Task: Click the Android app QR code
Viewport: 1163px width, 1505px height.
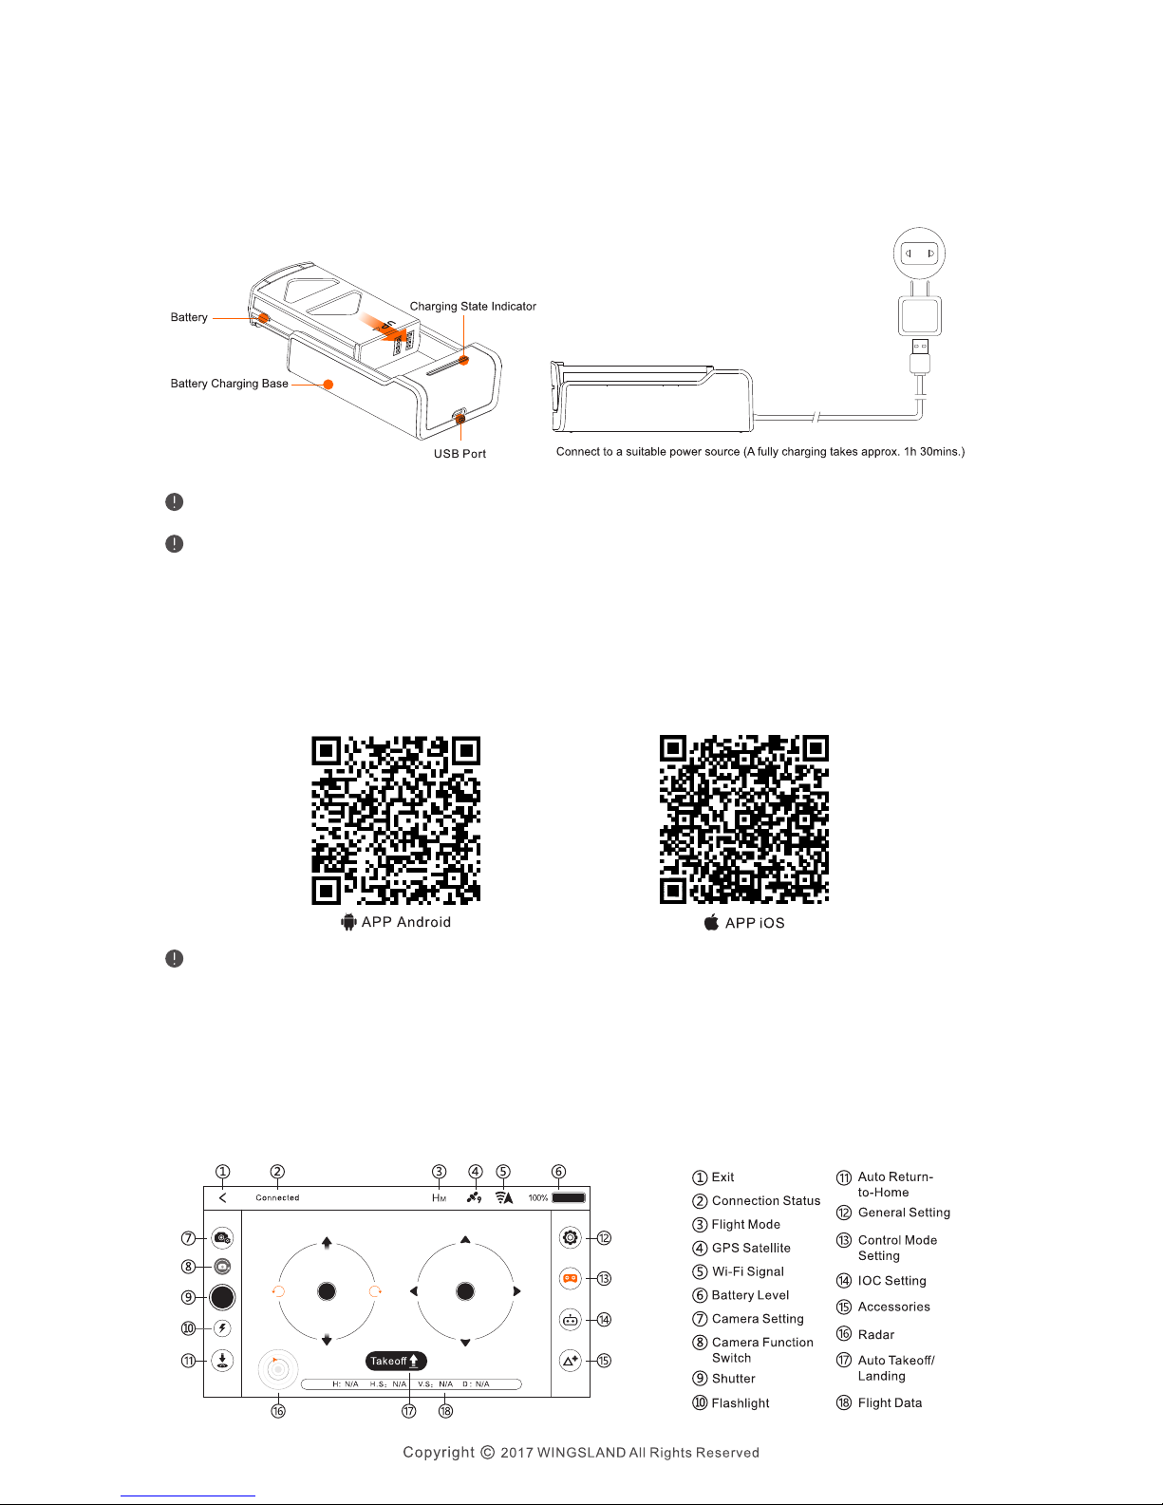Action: [396, 819]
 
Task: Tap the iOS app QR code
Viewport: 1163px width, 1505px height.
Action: [744, 819]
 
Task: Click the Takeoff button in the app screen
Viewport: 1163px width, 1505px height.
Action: [396, 1361]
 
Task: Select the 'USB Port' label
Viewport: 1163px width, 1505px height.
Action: [460, 454]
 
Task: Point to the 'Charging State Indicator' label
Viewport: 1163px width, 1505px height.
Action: [473, 307]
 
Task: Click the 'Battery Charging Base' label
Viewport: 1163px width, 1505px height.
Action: [229, 384]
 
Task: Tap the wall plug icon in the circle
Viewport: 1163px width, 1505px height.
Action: [919, 254]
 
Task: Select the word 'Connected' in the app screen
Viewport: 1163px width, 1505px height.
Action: [277, 1197]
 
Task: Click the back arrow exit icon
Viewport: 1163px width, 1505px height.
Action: [222, 1197]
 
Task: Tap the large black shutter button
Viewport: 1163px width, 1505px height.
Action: [222, 1297]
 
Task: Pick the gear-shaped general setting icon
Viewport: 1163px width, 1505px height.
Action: [570, 1237]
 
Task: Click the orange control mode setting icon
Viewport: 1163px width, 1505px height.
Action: [570, 1278]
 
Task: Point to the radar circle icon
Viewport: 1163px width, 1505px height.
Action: [277, 1370]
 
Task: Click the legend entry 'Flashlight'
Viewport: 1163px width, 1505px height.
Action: [741, 1403]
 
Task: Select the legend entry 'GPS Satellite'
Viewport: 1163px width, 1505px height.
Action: [751, 1249]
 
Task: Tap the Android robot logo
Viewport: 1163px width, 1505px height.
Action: [348, 922]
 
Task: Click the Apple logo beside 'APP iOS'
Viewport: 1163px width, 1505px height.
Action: [711, 922]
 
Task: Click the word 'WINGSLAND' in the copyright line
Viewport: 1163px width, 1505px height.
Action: [581, 1453]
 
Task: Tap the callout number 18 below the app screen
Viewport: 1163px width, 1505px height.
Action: [445, 1411]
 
